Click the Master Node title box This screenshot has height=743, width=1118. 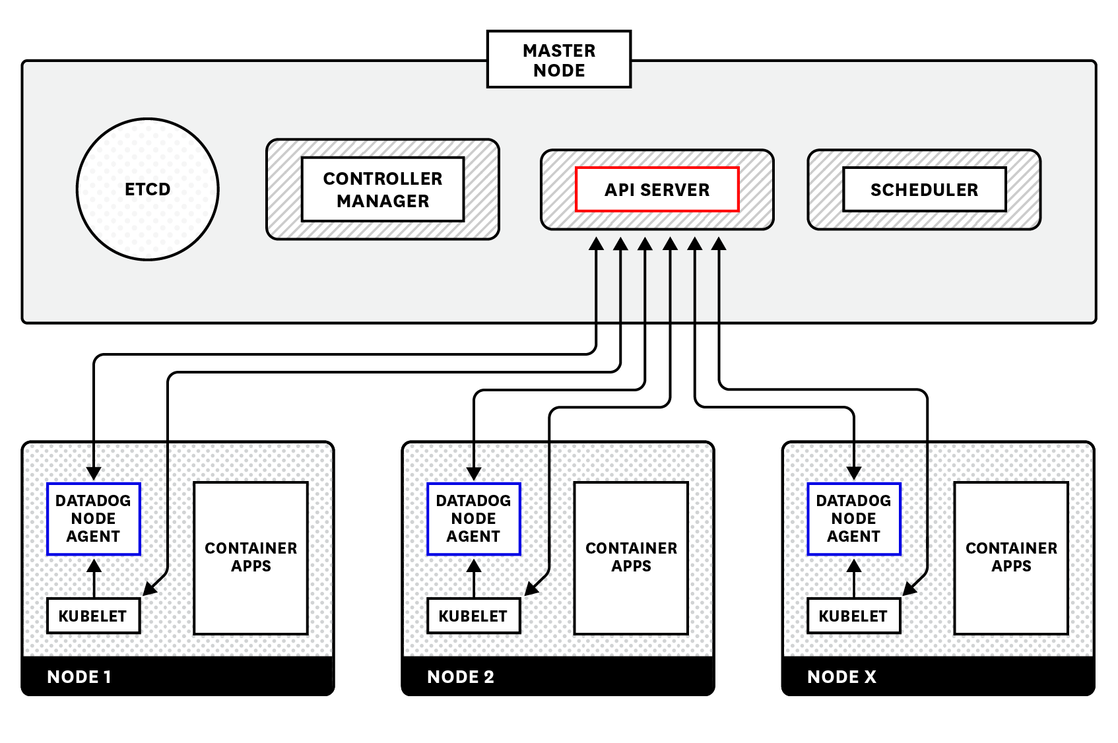(558, 59)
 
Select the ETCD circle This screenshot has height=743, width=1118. (148, 189)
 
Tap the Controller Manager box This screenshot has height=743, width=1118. (383, 189)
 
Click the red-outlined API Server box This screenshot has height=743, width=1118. (657, 189)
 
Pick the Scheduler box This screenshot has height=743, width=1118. (924, 189)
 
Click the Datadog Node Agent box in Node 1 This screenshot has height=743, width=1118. (94, 519)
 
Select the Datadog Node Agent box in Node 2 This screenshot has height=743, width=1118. (473, 519)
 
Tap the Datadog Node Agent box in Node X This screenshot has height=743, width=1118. (853, 519)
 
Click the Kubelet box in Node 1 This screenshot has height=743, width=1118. (93, 616)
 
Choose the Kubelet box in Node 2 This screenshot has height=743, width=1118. (473, 616)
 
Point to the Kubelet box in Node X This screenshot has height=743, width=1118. (853, 616)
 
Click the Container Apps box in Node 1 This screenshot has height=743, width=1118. (251, 558)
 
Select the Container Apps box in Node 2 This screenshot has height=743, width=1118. (631, 558)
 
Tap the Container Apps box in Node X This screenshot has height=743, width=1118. (1011, 558)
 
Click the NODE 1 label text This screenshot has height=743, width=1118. (79, 677)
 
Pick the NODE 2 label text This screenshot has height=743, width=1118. (461, 677)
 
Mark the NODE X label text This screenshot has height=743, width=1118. (841, 677)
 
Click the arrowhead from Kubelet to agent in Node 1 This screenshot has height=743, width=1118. (94, 565)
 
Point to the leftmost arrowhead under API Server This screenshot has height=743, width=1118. (596, 243)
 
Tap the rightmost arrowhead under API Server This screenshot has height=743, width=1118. (719, 243)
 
